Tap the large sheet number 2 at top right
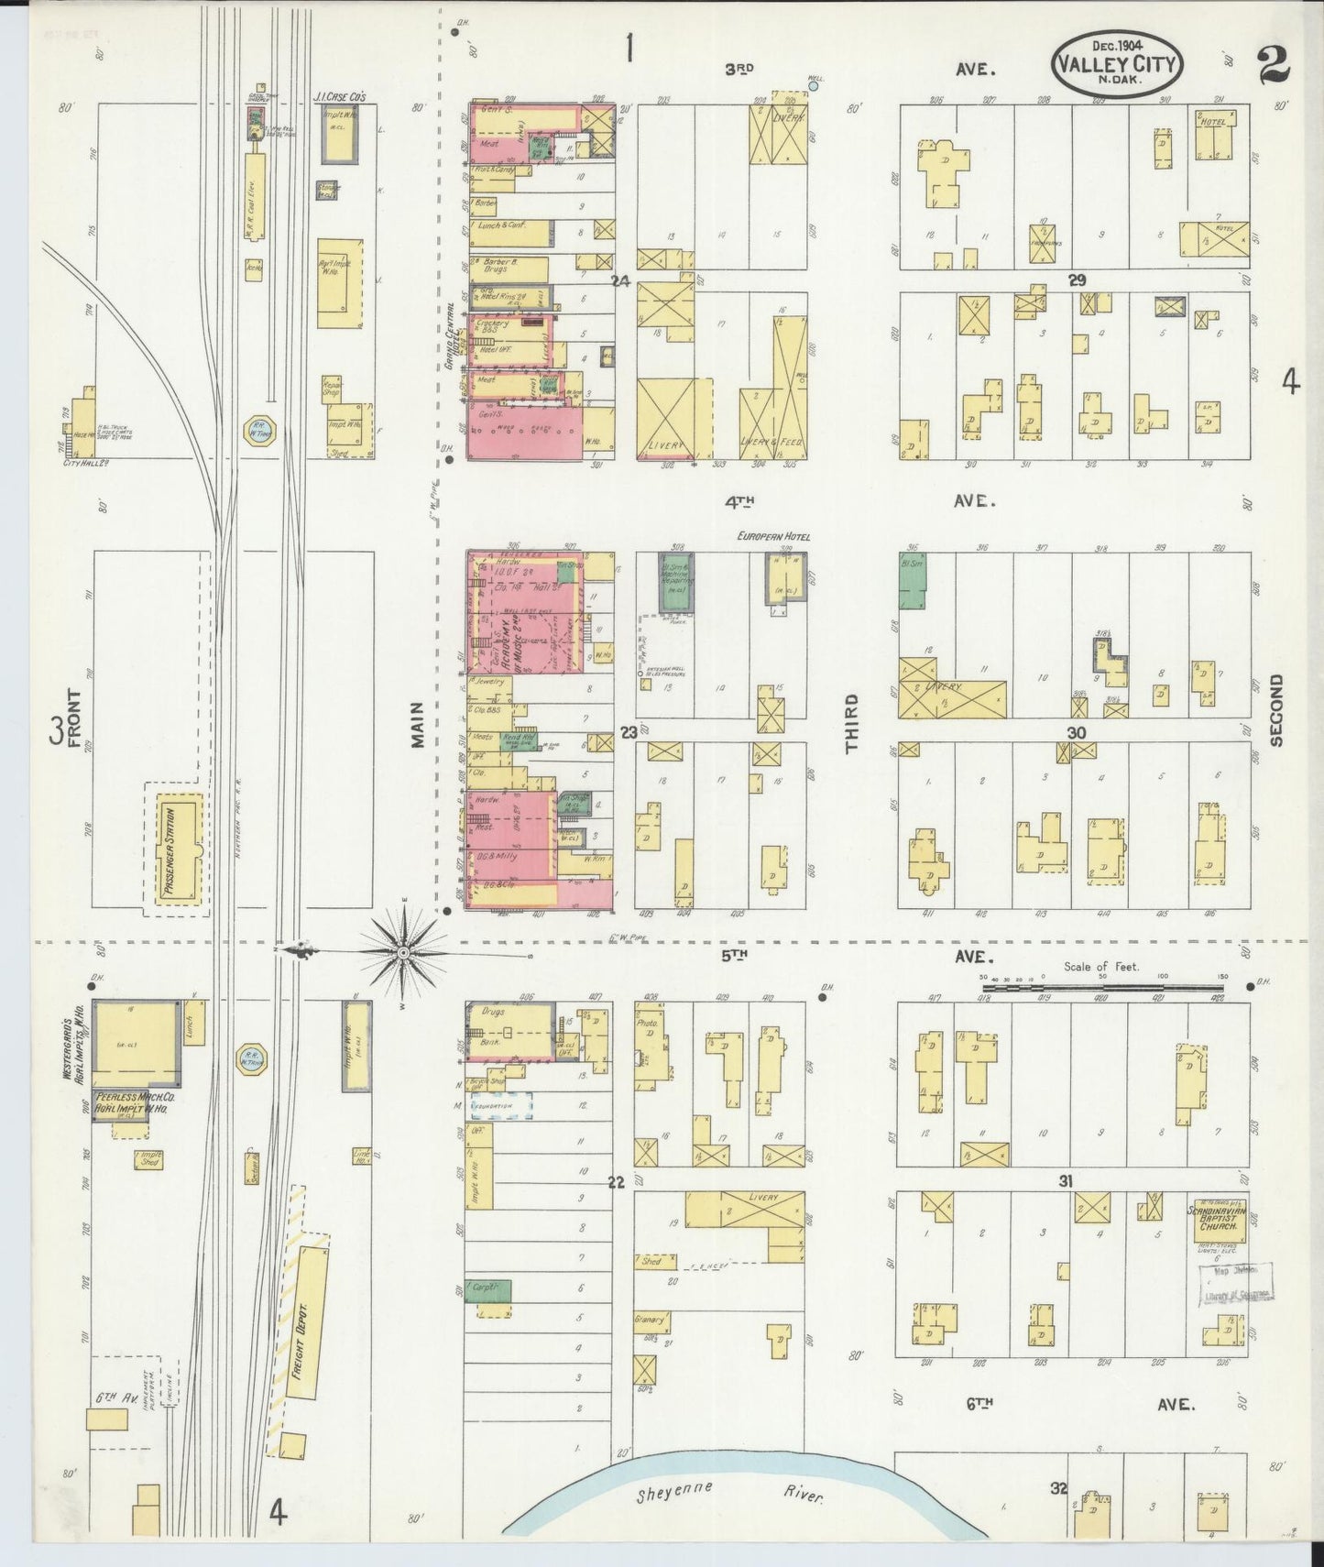(1273, 66)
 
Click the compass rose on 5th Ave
(402, 953)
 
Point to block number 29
(1076, 280)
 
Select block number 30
(1076, 732)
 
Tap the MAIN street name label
(417, 725)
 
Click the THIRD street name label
(851, 723)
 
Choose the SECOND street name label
(1275, 710)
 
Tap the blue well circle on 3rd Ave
(812, 87)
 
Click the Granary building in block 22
(651, 1322)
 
